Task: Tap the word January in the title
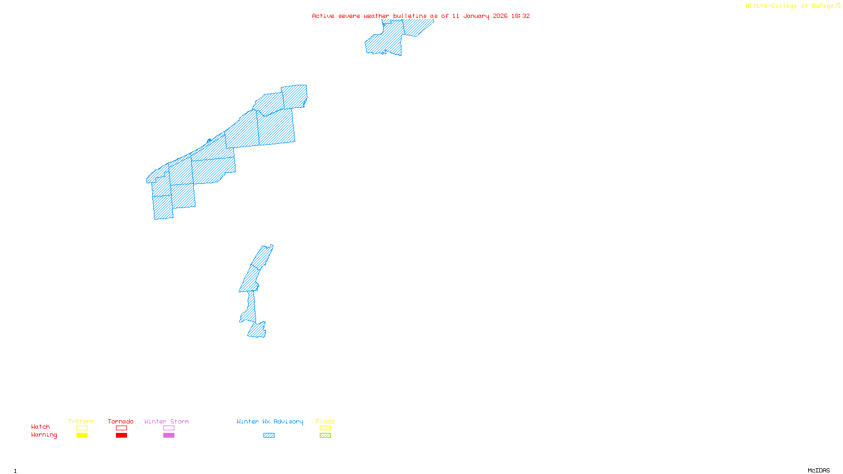[x=476, y=16]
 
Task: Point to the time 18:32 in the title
[x=521, y=16]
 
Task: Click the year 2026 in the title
[x=500, y=16]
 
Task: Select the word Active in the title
[x=323, y=16]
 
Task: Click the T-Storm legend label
[x=81, y=421]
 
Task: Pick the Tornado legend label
[x=121, y=421]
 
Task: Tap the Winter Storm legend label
[x=166, y=421]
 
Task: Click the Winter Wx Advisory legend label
[x=270, y=421]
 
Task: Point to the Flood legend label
[x=325, y=421]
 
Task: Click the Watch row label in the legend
[x=41, y=427]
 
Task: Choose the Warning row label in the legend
[x=44, y=435]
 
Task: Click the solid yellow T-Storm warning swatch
[x=82, y=436]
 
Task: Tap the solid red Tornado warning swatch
[x=121, y=436]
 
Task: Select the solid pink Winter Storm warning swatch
[x=169, y=436]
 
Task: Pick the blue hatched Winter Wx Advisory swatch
[x=269, y=436]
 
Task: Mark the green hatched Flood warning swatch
[x=325, y=436]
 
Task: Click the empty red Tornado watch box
[x=121, y=428]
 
